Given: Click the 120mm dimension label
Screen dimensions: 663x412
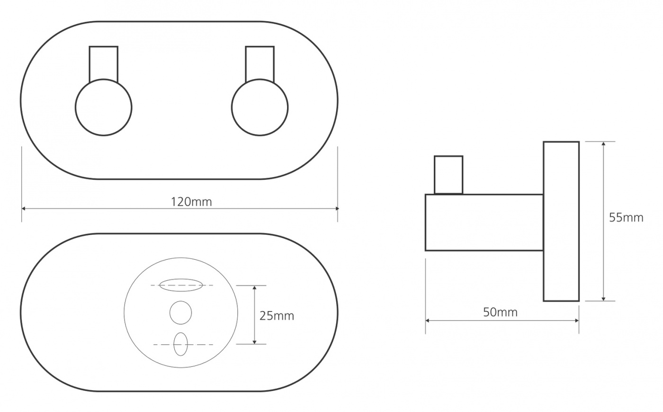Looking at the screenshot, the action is [191, 202].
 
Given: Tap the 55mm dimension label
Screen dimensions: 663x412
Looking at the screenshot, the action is [626, 218].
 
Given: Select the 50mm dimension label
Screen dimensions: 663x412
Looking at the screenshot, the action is [500, 312].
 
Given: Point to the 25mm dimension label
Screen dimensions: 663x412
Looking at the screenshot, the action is [277, 316].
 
